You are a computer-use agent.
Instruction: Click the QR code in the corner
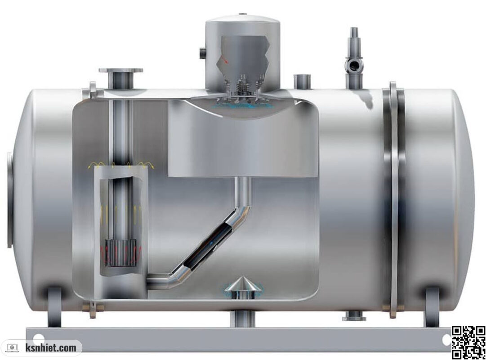pyautogui.click(x=468, y=342)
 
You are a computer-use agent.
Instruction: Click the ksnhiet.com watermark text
pyautogui.click(x=50, y=348)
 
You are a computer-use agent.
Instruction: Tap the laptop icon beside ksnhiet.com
pyautogui.click(x=12, y=348)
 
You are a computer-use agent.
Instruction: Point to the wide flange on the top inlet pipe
pyautogui.click(x=121, y=71)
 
